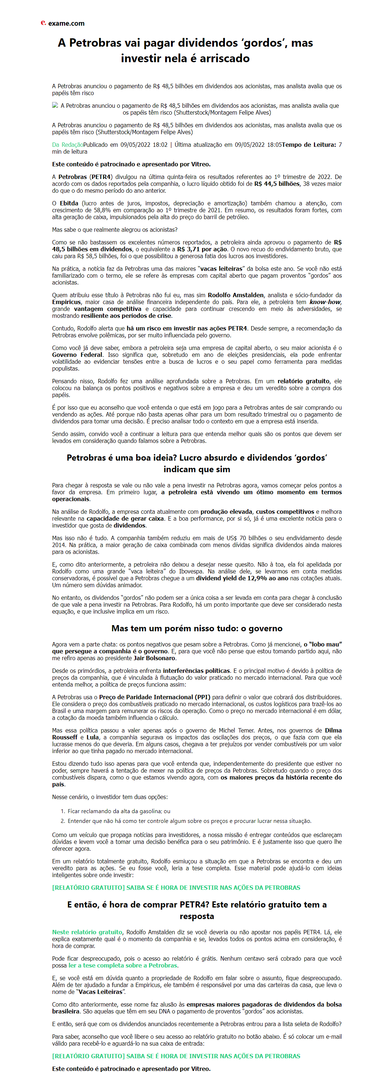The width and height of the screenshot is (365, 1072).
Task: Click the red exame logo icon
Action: (x=43, y=23)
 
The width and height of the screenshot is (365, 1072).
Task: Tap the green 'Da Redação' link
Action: (x=67, y=145)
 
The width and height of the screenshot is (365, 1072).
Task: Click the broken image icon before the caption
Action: (x=55, y=106)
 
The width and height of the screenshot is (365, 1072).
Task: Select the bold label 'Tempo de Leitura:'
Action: (x=309, y=145)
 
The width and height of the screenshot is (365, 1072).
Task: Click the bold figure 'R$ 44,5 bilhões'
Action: (x=277, y=184)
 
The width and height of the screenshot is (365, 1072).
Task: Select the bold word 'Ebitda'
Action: (x=69, y=204)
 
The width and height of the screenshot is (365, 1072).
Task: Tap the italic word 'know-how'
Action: (x=325, y=302)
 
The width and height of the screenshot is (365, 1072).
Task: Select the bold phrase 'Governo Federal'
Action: (x=77, y=355)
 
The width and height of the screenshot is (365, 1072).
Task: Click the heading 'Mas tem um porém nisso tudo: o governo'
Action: (x=197, y=628)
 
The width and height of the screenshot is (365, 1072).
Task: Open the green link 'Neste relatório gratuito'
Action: (x=87, y=932)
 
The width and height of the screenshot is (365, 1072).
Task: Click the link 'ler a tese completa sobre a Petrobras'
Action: (x=122, y=965)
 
